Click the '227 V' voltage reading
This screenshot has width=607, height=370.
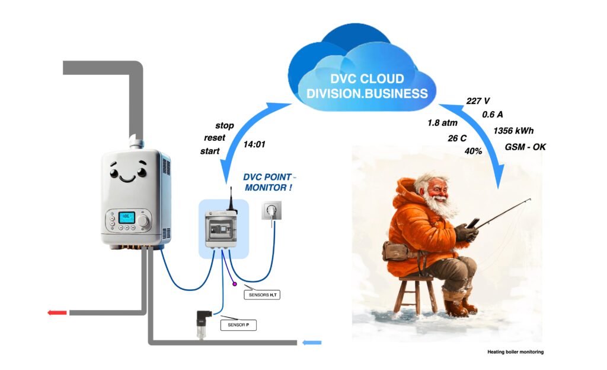pyautogui.click(x=478, y=101)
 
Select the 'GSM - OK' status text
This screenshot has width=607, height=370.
pyautogui.click(x=525, y=147)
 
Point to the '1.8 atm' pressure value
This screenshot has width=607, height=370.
pyautogui.click(x=442, y=123)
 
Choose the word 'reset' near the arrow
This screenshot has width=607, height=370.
pyautogui.click(x=215, y=138)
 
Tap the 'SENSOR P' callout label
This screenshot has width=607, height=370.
pyautogui.click(x=238, y=325)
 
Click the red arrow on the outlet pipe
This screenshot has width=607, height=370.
pyautogui.click(x=57, y=312)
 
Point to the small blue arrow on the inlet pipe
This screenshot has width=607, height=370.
pyautogui.click(x=312, y=342)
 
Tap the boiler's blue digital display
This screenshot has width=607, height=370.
pyautogui.click(x=127, y=217)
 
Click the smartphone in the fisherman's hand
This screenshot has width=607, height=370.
pyautogui.click(x=472, y=224)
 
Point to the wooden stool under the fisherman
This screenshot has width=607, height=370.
pyautogui.click(x=415, y=294)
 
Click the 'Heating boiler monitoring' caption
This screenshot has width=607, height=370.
pyautogui.click(x=515, y=352)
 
